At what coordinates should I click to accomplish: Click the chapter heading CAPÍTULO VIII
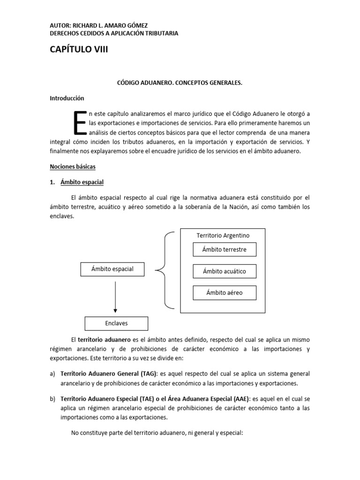tap(79, 50)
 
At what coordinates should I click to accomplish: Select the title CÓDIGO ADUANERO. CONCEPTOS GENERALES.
tap(180, 82)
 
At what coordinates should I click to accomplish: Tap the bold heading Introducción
tap(67, 98)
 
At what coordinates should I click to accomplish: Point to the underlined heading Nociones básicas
tap(73, 166)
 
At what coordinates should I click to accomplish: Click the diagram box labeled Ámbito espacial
tap(112, 269)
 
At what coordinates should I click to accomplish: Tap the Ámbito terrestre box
tap(225, 249)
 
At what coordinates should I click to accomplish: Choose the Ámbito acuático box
tap(225, 271)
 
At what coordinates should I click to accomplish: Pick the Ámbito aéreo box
tap(225, 293)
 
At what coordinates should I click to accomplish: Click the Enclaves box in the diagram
tap(116, 323)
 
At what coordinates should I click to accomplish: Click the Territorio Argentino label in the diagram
tap(223, 235)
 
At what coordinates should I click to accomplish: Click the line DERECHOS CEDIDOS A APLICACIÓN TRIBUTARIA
tap(114, 33)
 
